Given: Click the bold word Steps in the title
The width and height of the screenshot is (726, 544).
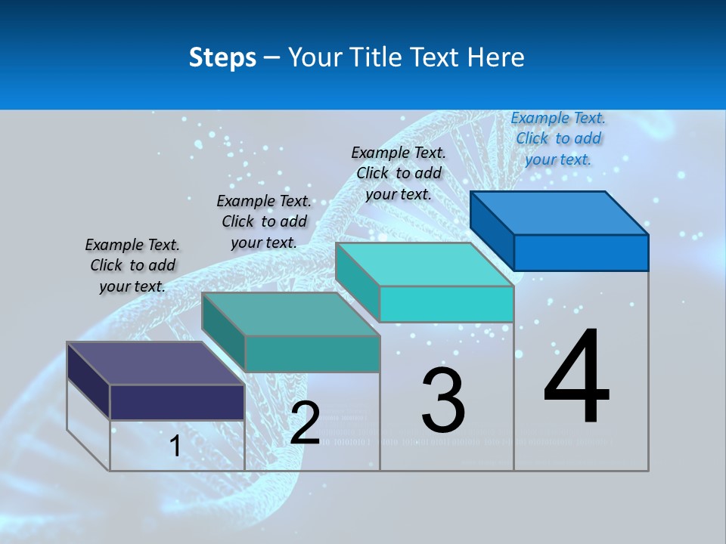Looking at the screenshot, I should tap(222, 57).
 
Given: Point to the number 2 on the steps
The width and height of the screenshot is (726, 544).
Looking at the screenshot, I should tap(305, 423).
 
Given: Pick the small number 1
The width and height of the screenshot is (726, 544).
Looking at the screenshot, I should tap(175, 447).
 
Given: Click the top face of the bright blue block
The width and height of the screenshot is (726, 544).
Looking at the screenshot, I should tap(560, 212).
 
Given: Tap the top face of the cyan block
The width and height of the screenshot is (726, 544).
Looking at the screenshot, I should tap(425, 264).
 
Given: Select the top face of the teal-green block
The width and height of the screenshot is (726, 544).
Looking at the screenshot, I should tap(291, 314).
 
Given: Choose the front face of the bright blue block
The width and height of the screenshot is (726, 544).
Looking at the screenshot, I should tap(581, 252).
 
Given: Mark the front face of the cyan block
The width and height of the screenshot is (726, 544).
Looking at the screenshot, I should tap(446, 304).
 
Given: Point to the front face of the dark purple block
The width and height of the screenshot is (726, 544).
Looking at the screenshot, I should tap(177, 401).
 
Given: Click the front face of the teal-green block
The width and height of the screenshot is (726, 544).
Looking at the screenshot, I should tap(312, 354).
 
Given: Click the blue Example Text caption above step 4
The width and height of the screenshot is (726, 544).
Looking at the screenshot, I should tap(558, 138).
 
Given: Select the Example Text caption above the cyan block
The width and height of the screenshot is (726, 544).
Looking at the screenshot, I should tap(399, 173).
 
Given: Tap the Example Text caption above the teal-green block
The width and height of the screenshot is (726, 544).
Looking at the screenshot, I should tap(264, 221).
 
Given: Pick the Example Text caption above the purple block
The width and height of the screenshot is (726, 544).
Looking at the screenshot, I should tap(132, 265).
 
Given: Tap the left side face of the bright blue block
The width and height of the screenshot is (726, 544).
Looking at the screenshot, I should tap(492, 230).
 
